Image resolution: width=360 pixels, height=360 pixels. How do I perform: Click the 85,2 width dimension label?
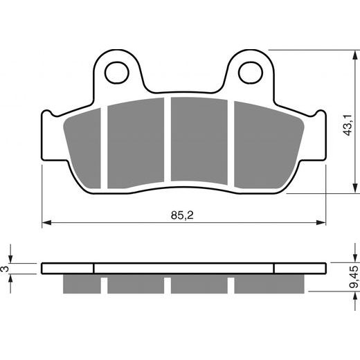tap(182, 215)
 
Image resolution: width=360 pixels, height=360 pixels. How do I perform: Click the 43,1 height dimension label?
tap(348, 125)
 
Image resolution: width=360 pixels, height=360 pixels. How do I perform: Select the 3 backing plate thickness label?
tap(5, 269)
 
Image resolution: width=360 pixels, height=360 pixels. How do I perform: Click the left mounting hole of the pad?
tap(116, 73)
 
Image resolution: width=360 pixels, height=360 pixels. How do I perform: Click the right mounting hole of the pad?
tap(251, 73)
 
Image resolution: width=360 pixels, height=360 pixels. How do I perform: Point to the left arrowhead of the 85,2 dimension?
tap(46, 222)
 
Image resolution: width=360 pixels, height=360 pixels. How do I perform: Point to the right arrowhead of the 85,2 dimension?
tap(321, 222)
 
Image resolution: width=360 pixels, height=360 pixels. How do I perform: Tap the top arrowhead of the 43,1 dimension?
tap(354, 55)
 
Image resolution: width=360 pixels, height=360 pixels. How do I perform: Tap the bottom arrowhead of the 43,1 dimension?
tap(354, 188)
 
